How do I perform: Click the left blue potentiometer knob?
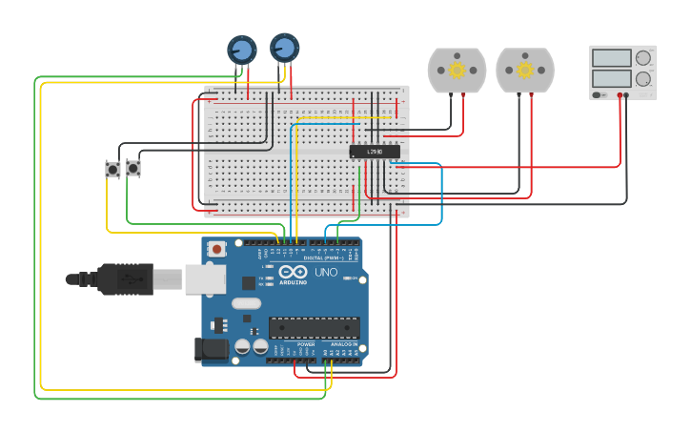241,50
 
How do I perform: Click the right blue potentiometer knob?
284,47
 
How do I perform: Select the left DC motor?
457,71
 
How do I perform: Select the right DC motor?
524,71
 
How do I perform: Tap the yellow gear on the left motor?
457,71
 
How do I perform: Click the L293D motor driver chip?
375,152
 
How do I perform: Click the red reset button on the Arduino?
217,250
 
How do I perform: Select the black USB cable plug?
119,279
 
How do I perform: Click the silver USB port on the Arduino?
204,278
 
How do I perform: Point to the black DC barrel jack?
212,350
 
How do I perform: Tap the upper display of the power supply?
611,58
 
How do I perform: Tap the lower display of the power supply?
611,79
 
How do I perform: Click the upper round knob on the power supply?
643,58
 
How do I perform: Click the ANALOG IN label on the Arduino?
343,344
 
